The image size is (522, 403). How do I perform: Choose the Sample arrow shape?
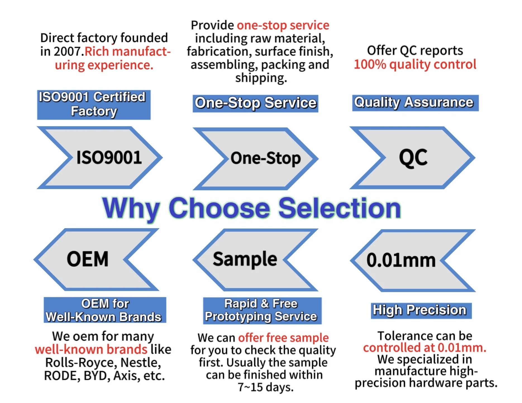(x=246, y=260)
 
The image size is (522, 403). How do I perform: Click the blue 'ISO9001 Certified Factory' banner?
(x=94, y=105)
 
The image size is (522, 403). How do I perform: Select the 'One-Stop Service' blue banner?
(x=255, y=103)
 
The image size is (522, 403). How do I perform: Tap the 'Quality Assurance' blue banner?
(x=415, y=103)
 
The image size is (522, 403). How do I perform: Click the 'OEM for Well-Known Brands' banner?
(x=105, y=310)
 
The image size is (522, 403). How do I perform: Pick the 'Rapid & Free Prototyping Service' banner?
(x=262, y=310)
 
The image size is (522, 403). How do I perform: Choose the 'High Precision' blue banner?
(x=421, y=310)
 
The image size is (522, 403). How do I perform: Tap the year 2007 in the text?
(x=67, y=51)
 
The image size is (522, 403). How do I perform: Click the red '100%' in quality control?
(x=370, y=64)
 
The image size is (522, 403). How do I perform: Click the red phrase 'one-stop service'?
(x=283, y=25)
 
